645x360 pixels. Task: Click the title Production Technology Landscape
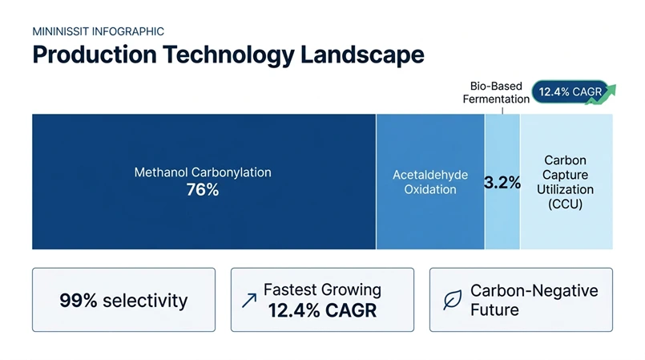click(x=228, y=55)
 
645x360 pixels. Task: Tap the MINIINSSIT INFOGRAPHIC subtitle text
click(x=98, y=31)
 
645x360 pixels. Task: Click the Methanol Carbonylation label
click(x=203, y=172)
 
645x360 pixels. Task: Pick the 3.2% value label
click(x=502, y=183)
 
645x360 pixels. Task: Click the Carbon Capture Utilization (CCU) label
click(x=569, y=182)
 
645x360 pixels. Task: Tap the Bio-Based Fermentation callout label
click(x=496, y=92)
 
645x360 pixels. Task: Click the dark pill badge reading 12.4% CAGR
click(x=570, y=92)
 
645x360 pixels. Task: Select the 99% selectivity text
click(x=123, y=301)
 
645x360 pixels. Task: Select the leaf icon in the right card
click(x=452, y=301)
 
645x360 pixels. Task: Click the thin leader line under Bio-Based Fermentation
click(x=503, y=110)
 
